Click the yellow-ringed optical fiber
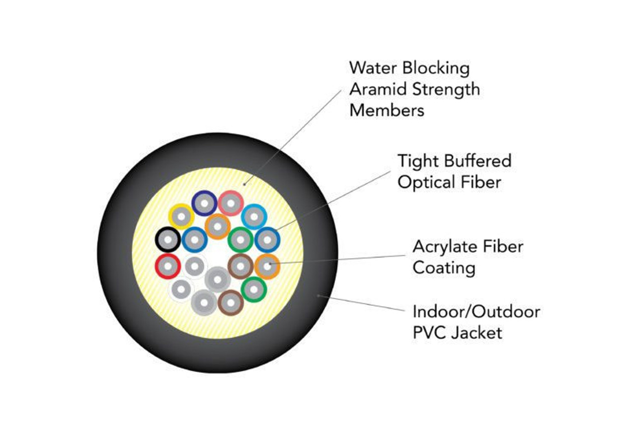pos(181,216)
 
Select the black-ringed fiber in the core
pos(168,241)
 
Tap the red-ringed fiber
pos(168,267)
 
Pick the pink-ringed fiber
pos(230,203)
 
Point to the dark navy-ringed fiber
pos(204,203)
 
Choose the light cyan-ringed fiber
pos(254,216)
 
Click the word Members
pos(387,110)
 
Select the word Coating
pos(444,268)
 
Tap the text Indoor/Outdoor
pos(476,312)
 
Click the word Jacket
pos(477,332)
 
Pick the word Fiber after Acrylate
pos(503,246)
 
